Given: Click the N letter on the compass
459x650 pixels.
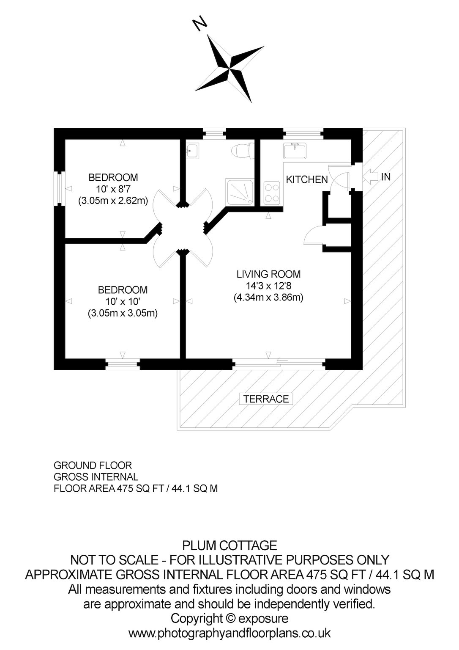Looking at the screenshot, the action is coord(200,24).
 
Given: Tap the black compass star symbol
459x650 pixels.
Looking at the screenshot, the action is coord(231,69).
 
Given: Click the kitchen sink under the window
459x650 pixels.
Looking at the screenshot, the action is coord(295,151).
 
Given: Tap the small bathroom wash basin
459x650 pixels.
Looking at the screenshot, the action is coord(192,151).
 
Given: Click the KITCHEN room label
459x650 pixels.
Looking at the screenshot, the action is coord(306,179).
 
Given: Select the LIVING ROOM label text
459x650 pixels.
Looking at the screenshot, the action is coord(268,274).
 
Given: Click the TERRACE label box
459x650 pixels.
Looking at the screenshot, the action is coord(266,399).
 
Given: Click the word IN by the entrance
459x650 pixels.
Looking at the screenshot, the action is coord(386,177).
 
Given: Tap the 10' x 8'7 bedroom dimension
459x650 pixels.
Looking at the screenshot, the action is coord(113,189).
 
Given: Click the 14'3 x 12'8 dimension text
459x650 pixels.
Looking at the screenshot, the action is coord(268,286).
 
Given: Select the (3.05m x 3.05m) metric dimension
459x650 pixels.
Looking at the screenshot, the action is coord(123,314).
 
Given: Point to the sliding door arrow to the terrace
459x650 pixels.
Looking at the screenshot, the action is coord(283,361).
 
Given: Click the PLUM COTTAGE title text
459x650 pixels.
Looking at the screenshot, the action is coord(229,545).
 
